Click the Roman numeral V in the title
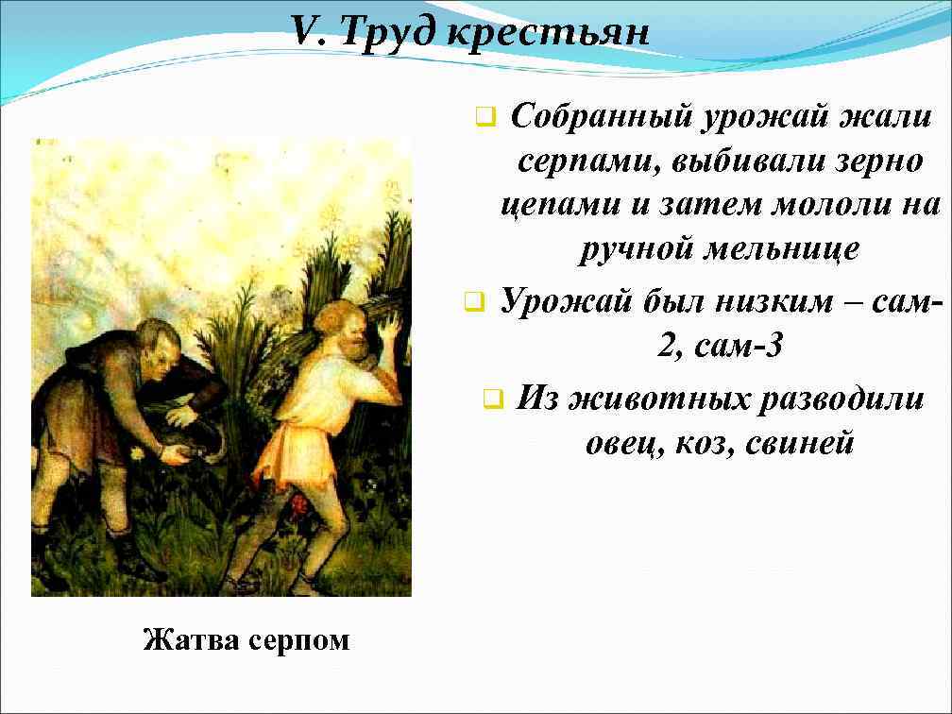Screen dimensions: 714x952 click(304, 32)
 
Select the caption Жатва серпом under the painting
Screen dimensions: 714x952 click(246, 640)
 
